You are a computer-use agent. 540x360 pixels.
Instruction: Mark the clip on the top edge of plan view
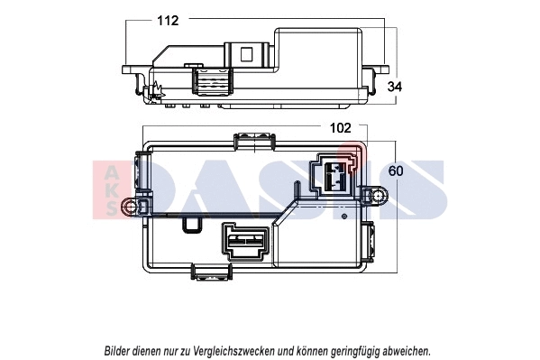click(254, 139)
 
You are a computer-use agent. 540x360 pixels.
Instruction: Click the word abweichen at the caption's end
click(407, 349)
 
